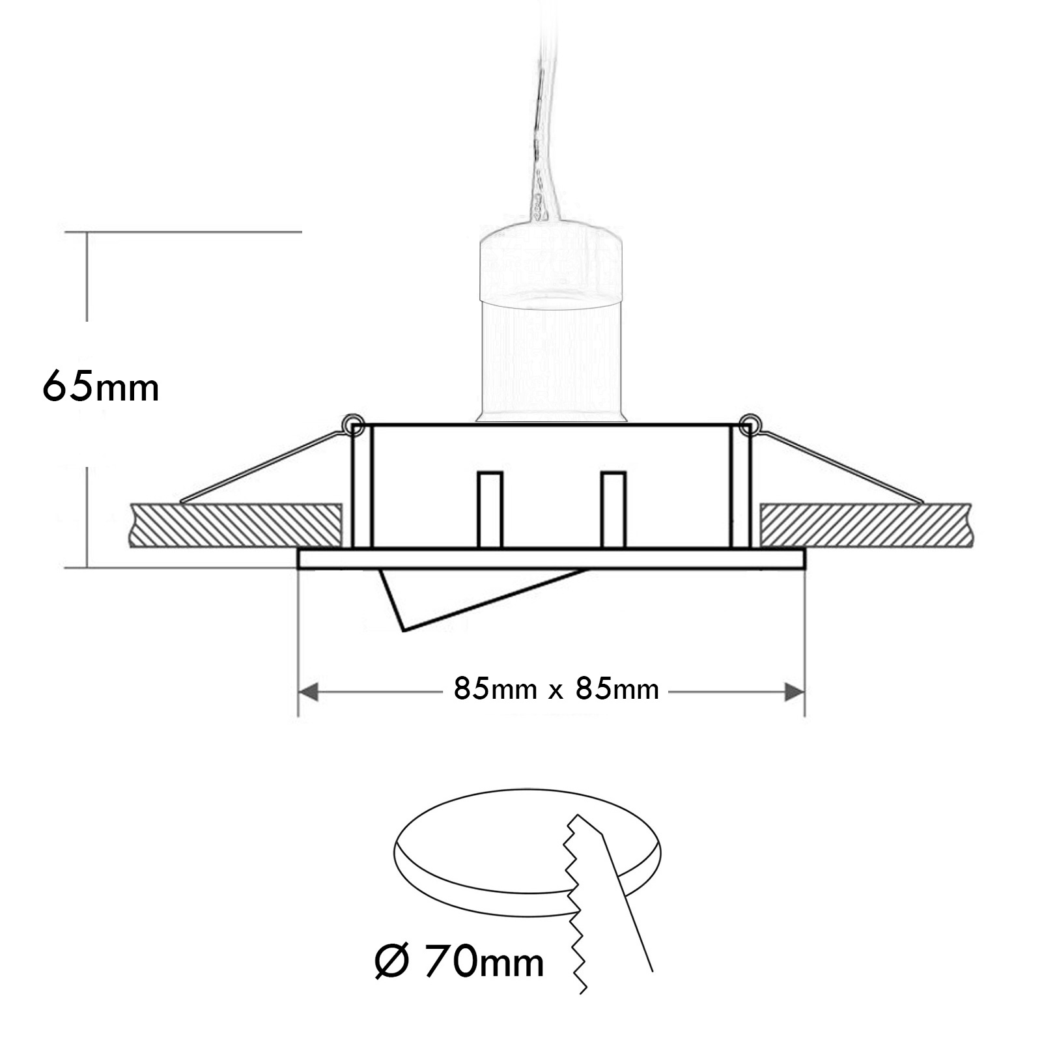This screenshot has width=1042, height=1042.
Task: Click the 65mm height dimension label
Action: point(101,387)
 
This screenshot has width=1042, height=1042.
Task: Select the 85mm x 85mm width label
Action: point(556,689)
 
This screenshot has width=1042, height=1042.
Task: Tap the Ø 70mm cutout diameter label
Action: point(459,962)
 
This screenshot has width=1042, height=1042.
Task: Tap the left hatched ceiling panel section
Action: point(236,524)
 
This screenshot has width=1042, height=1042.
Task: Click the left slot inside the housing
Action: point(490,509)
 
